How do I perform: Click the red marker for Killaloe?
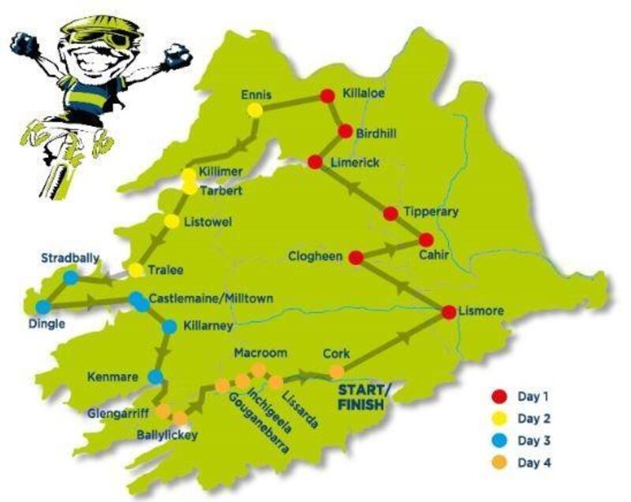tap(327, 96)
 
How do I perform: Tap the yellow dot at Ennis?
tap(255, 111)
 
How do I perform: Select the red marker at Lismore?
tap(449, 312)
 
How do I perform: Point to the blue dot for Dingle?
tap(43, 306)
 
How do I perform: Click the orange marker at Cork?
tap(337, 371)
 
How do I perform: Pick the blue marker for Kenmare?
tap(155, 376)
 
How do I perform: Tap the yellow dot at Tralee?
tap(136, 271)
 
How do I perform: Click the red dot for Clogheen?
tap(356, 257)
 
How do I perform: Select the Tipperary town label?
tap(430, 212)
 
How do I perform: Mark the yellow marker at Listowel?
tap(171, 221)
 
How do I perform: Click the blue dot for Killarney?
tap(169, 326)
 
